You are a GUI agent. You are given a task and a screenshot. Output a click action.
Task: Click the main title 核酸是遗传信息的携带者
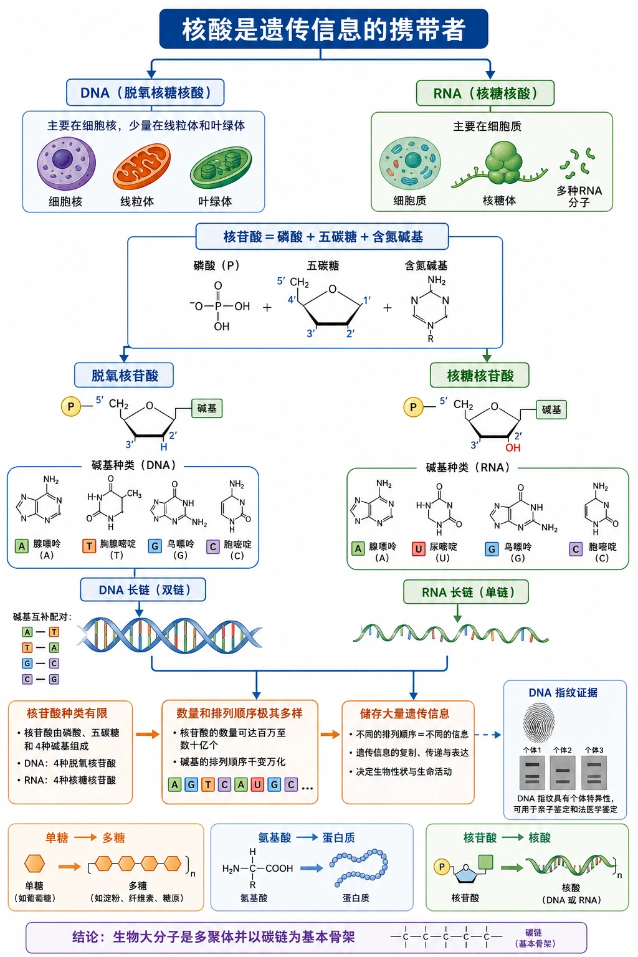click(x=323, y=29)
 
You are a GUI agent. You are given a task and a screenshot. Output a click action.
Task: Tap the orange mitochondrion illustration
click(x=141, y=166)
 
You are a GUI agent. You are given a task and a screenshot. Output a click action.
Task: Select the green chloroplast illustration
click(x=221, y=168)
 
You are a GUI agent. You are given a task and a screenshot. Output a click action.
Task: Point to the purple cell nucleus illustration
click(x=66, y=163)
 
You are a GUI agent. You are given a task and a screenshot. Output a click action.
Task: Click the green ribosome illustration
click(x=503, y=164)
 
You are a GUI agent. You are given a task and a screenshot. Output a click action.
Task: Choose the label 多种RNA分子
click(x=579, y=196)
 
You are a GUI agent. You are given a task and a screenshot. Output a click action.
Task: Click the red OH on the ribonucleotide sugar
click(x=513, y=447)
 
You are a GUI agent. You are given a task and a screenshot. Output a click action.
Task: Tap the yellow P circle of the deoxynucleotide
click(x=71, y=406)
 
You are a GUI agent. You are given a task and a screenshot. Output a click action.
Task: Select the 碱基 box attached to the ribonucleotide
click(x=551, y=410)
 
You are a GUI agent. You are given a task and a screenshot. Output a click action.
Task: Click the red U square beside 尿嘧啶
click(x=418, y=548)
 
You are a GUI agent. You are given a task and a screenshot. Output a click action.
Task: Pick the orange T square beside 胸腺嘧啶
click(x=89, y=546)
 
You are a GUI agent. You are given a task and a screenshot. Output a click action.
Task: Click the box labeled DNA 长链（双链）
click(x=143, y=589)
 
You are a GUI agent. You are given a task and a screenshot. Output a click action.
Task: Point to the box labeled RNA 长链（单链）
click(x=466, y=592)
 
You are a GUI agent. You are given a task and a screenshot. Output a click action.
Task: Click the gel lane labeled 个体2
click(x=563, y=773)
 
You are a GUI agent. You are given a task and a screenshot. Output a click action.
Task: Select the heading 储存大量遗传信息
click(x=404, y=713)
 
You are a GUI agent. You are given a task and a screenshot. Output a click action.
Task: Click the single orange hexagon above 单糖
click(x=35, y=864)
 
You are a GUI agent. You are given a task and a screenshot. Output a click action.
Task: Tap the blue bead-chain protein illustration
click(x=359, y=867)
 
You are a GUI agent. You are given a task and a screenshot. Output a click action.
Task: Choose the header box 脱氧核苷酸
click(x=124, y=375)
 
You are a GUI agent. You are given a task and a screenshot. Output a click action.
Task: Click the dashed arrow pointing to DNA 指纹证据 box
click(x=488, y=735)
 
